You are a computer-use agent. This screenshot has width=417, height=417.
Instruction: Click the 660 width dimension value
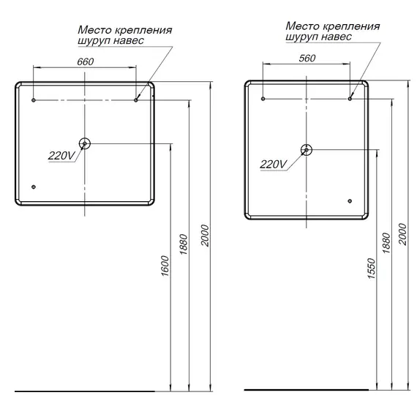tap(86, 61)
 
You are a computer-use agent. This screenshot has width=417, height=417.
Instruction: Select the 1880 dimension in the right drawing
tap(386, 244)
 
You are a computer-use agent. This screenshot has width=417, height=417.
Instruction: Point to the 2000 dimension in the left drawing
tap(206, 235)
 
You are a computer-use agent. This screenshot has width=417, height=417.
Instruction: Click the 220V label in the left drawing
tap(60, 155)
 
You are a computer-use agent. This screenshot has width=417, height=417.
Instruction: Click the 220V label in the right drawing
tap(274, 164)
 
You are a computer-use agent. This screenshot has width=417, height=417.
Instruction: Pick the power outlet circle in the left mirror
tap(85, 144)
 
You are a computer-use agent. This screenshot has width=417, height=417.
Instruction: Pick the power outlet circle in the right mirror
tap(306, 149)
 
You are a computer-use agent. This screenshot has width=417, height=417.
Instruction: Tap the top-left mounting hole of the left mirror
tap(34, 99)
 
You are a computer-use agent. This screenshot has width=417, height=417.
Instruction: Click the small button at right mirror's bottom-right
tap(350, 200)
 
